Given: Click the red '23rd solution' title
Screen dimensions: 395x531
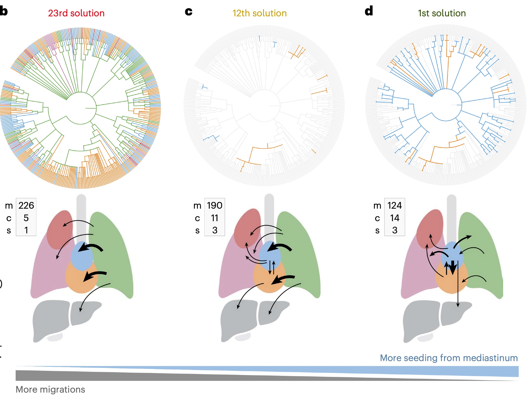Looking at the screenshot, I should pos(76,13).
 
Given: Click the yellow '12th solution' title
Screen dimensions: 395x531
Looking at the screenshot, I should pos(259,13).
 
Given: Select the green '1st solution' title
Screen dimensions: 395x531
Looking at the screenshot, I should pos(442,13).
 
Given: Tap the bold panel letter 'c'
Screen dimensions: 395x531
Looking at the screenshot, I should pos(189,11).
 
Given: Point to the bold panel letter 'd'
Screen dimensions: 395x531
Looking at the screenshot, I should pos(369,11).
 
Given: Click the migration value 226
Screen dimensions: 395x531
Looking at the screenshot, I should pos(26,205).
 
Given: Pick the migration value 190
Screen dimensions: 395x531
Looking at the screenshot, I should pos(215,205).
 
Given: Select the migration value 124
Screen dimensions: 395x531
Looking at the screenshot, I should pos(395,205).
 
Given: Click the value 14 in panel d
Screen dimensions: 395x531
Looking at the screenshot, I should pos(395,218).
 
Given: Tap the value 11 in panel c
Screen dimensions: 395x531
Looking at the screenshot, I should pos(215,218).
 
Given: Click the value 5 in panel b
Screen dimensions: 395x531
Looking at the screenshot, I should pos(26,218).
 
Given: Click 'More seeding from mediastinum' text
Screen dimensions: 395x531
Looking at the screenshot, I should pos(449,358).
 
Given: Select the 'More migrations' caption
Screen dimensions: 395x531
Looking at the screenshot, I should pos(50,389).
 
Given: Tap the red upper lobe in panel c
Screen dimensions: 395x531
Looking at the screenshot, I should pos(246,226).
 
